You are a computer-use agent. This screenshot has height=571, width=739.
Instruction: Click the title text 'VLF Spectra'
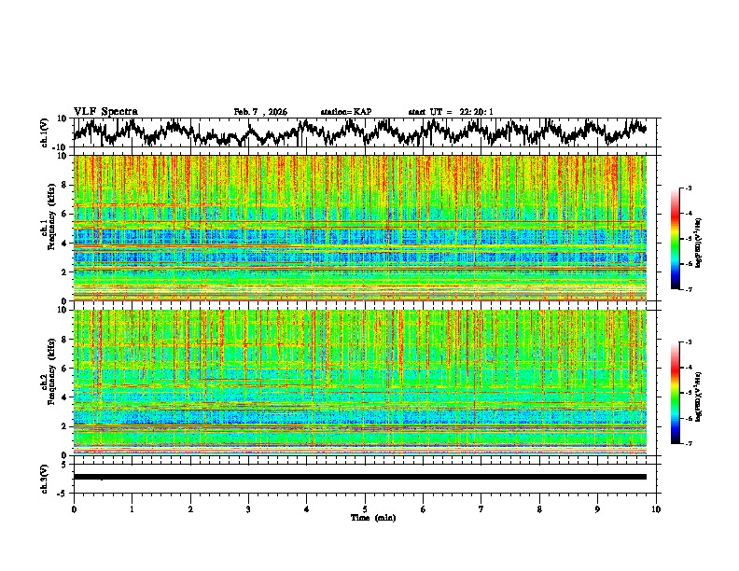105,112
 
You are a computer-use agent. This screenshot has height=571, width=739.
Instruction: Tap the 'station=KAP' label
346,112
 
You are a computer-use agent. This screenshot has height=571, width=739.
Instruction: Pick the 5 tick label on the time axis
365,508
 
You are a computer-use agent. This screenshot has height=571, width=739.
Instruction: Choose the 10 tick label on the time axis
656,508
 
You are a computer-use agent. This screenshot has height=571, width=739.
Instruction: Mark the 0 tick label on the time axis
74,508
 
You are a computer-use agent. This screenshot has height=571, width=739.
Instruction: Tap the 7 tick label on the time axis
481,508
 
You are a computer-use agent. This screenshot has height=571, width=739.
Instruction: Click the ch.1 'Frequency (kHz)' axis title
53,228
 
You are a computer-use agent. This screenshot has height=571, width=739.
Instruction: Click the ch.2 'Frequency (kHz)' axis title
53,383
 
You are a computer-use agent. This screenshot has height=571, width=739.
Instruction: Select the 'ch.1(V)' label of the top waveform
45,132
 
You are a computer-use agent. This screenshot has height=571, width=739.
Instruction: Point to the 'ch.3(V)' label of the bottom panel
45,476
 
